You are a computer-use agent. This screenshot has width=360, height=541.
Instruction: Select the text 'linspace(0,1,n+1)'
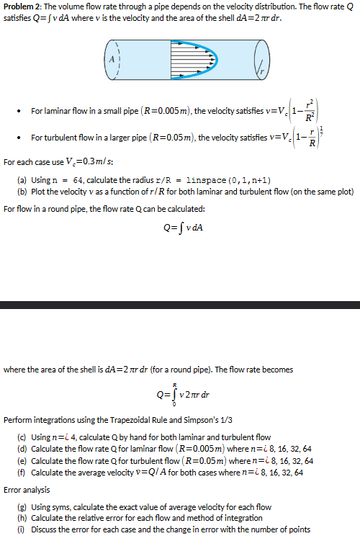[228, 178]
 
